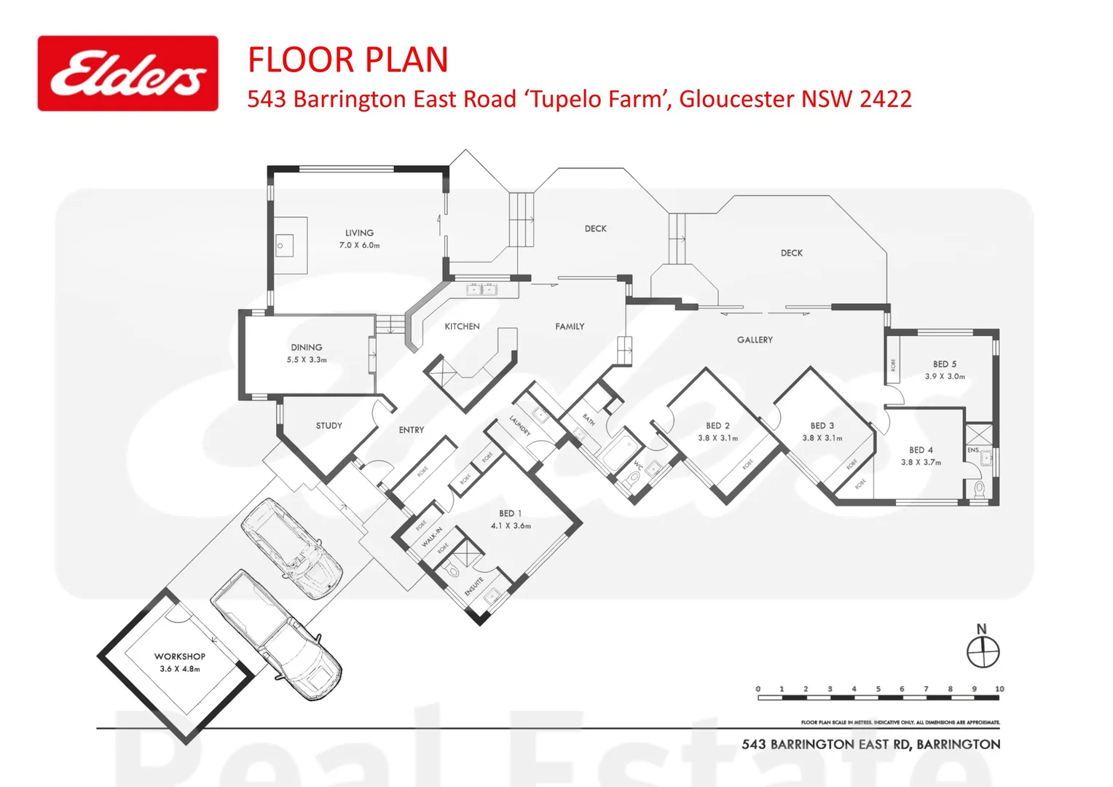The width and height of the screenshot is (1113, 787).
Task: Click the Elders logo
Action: [127, 74]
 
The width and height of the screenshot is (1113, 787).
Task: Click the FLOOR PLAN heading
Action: [347, 60]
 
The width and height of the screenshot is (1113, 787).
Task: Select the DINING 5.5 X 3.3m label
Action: [307, 353]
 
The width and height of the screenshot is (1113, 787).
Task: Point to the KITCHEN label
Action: [462, 326]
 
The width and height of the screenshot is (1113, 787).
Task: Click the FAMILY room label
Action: [570, 326]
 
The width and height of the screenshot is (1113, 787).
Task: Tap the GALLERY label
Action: [755, 340]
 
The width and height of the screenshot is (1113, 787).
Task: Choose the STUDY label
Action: [329, 426]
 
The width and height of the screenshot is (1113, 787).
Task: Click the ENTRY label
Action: [411, 430]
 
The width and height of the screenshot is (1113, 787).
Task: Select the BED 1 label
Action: [510, 514]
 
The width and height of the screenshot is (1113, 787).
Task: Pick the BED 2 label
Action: [717, 426]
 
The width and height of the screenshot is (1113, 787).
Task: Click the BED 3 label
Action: [822, 426]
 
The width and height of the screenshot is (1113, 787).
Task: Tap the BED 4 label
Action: [921, 450]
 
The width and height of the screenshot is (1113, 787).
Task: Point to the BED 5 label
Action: [945, 364]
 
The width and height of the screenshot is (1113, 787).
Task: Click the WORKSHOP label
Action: [179, 657]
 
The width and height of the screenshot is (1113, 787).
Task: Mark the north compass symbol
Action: [983, 651]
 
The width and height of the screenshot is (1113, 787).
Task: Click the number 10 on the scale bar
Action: [999, 689]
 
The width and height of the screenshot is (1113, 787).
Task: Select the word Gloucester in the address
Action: [736, 99]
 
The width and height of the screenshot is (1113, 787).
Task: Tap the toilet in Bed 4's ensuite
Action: [979, 488]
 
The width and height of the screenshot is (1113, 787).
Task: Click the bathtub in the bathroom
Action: [618, 452]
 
